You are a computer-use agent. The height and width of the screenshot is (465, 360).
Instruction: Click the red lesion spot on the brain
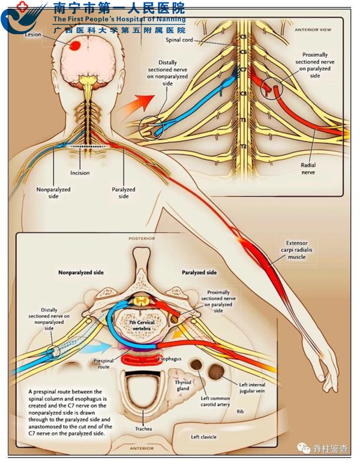tap(76, 46)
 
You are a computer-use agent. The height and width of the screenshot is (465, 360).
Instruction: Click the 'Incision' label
tap(80, 173)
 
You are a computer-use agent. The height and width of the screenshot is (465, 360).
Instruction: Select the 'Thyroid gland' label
tap(182, 385)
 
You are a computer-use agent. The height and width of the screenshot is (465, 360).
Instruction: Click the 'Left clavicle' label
tap(203, 437)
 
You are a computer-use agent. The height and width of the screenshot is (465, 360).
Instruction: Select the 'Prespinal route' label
tap(104, 364)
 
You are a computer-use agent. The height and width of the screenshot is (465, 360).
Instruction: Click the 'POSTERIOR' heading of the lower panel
tap(142, 238)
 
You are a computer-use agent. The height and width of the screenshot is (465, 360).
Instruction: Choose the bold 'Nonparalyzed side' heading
tap(81, 272)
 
